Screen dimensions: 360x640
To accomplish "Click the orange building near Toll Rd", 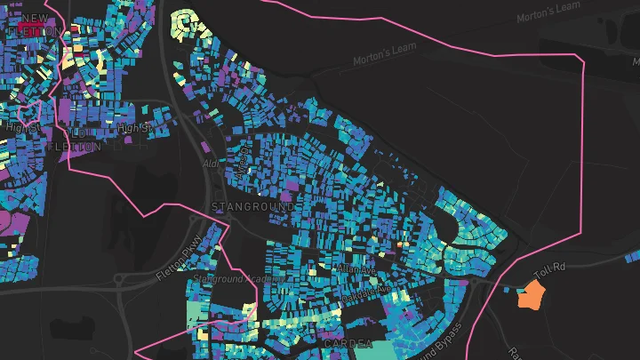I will coord(533,294).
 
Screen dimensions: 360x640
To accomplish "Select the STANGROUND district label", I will coord(252,206).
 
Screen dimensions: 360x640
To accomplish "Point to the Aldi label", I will coord(211,164).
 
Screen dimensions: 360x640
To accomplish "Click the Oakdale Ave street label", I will coord(366,290).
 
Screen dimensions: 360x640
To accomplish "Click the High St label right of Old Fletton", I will coord(132,130).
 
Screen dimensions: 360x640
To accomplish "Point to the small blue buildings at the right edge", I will coord(631,259).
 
